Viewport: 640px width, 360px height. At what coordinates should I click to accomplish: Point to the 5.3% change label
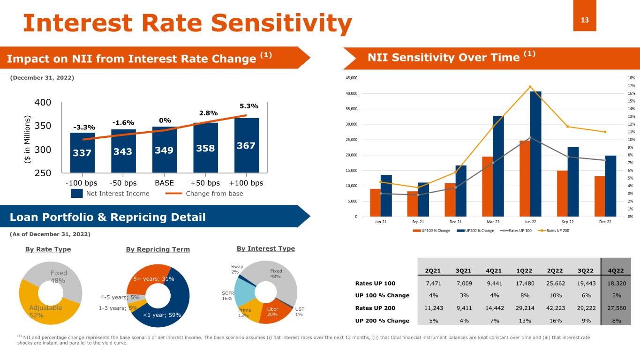pyautogui.click(x=249, y=106)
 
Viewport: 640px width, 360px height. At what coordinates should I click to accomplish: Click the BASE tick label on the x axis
pyautogui.click(x=164, y=183)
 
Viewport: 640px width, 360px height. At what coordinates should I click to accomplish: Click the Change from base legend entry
pyautogui.click(x=206, y=193)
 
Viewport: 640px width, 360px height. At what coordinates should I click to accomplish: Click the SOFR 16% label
pyautogui.click(x=227, y=295)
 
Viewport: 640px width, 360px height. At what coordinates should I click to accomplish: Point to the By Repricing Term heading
pyautogui.click(x=158, y=249)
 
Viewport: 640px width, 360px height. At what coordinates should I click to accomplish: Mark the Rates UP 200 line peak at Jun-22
pyautogui.click(x=530, y=87)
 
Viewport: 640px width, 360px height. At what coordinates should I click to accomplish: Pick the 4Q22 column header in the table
pyautogui.click(x=615, y=270)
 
